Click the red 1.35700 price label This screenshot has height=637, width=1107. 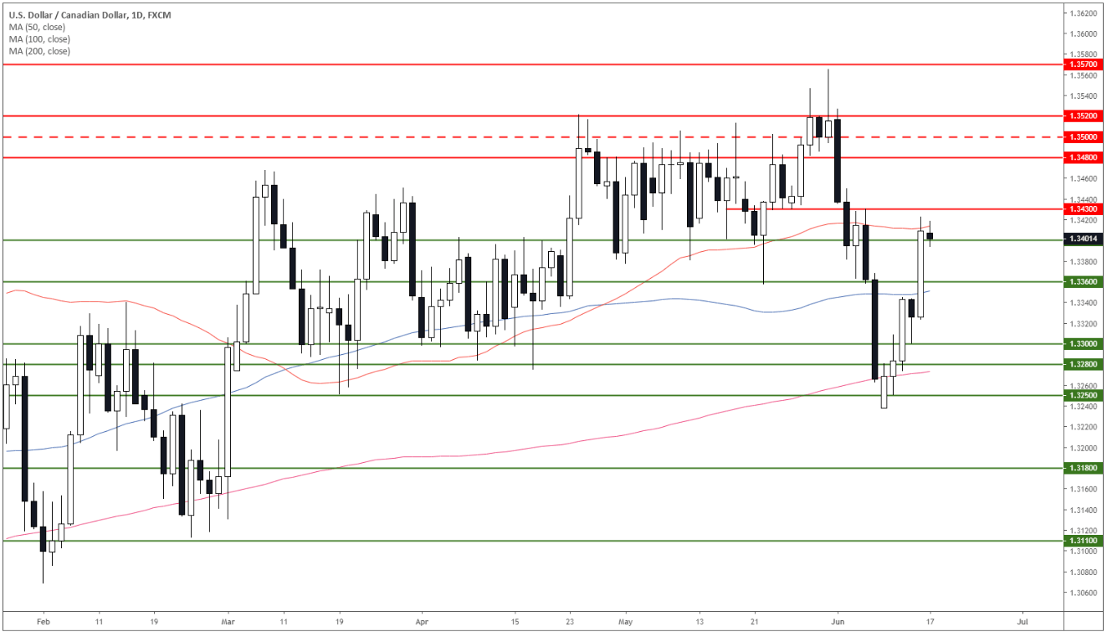click(1083, 64)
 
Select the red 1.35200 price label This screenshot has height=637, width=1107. click(1083, 116)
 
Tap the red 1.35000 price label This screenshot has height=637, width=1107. click(1083, 136)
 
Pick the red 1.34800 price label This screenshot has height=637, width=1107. click(1083, 157)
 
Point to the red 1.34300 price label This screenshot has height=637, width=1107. click(1083, 208)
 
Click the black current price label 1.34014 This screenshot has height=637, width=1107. click(1083, 239)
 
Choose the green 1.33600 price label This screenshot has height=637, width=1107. click(1083, 281)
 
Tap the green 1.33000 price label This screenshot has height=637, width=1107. click(1083, 343)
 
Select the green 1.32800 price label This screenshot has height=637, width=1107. click(1083, 364)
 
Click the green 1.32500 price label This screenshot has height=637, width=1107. click(1083, 395)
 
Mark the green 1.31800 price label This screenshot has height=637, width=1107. click(1083, 468)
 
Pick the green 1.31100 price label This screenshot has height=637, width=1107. click(1083, 541)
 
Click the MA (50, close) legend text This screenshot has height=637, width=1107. click(38, 27)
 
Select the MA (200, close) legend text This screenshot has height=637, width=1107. click(40, 51)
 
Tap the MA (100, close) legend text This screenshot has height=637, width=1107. click(40, 39)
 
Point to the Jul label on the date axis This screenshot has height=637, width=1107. click(1022, 623)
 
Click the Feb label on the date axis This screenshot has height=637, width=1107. click(44, 623)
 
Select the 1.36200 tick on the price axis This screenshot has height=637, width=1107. click(1083, 13)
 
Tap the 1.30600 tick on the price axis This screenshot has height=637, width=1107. click(1083, 593)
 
